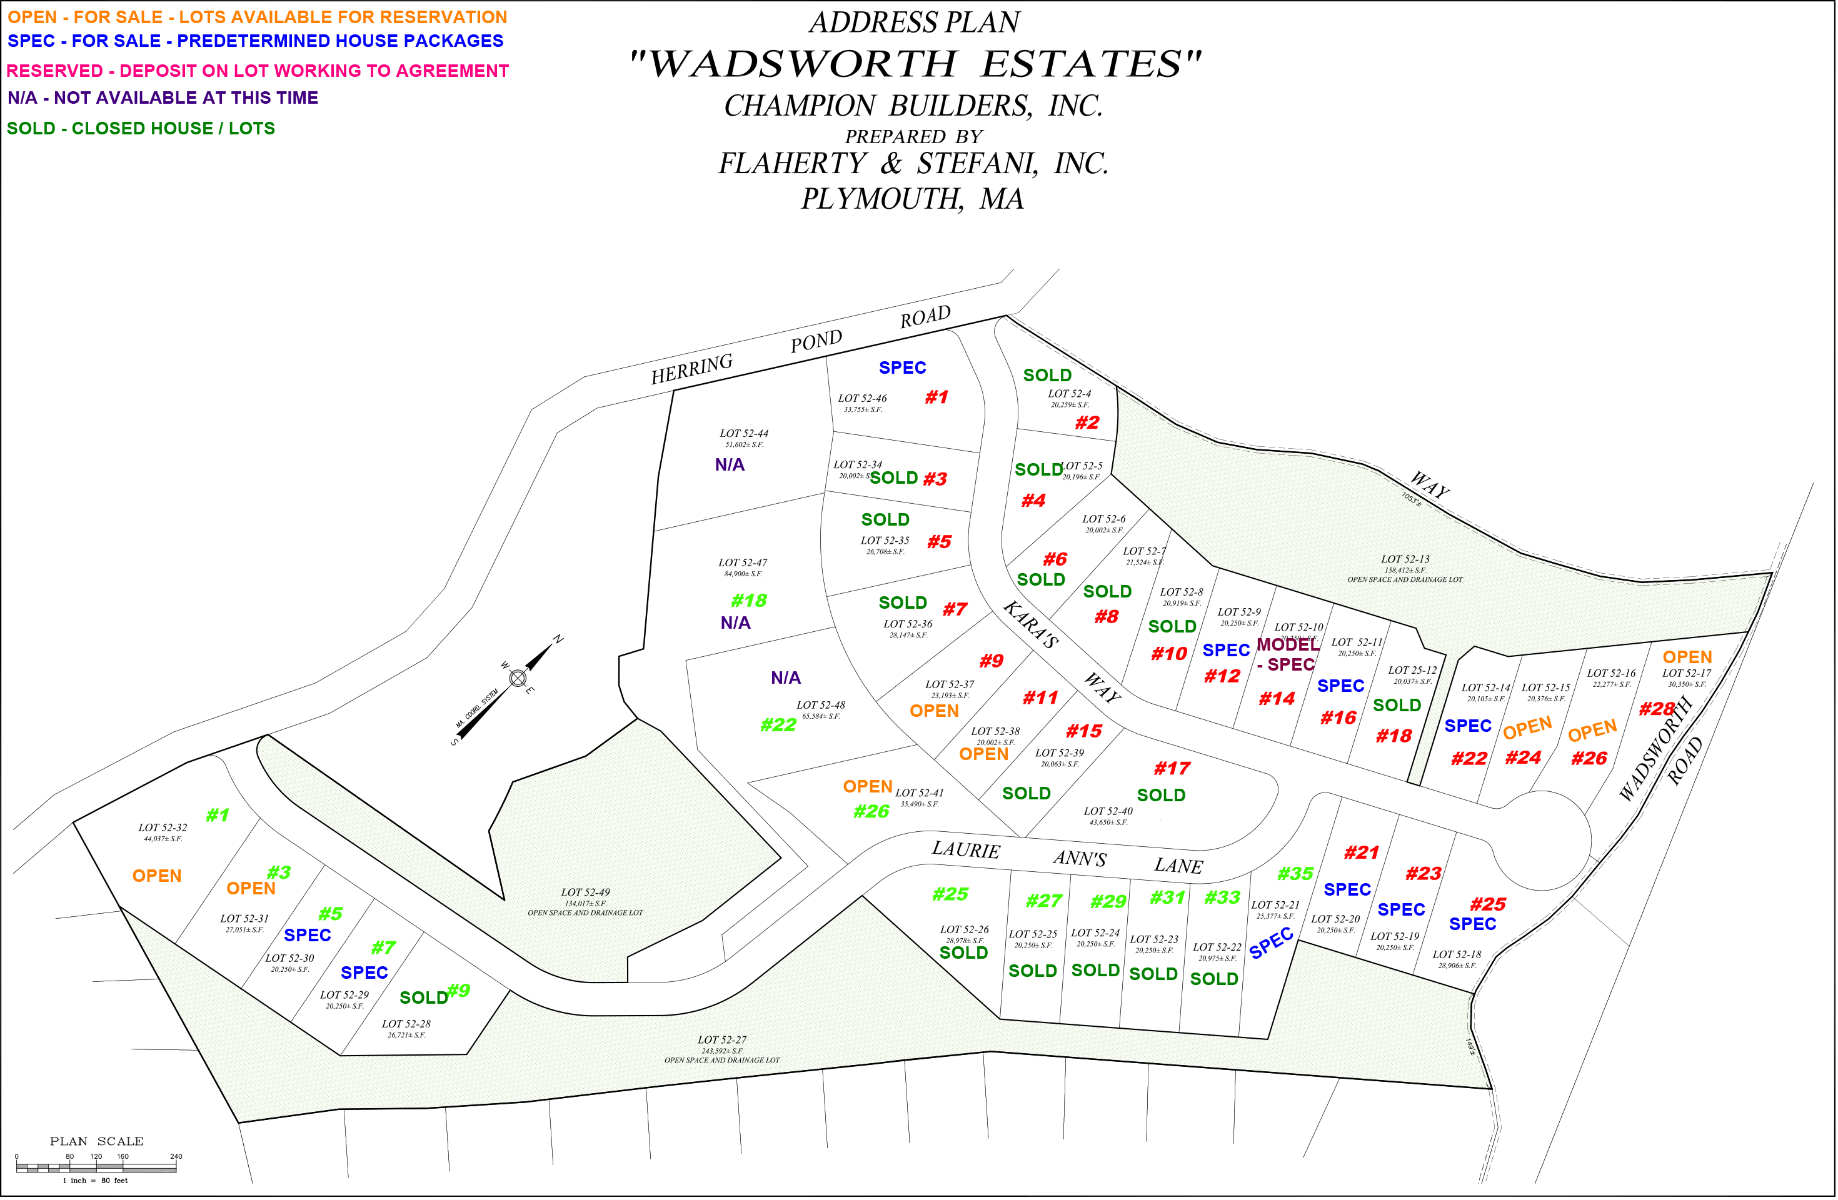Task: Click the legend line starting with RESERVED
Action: click(x=257, y=71)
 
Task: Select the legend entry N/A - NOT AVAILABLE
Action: click(x=162, y=98)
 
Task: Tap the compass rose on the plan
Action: click(x=518, y=679)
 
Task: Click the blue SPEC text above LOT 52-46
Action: click(x=903, y=368)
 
